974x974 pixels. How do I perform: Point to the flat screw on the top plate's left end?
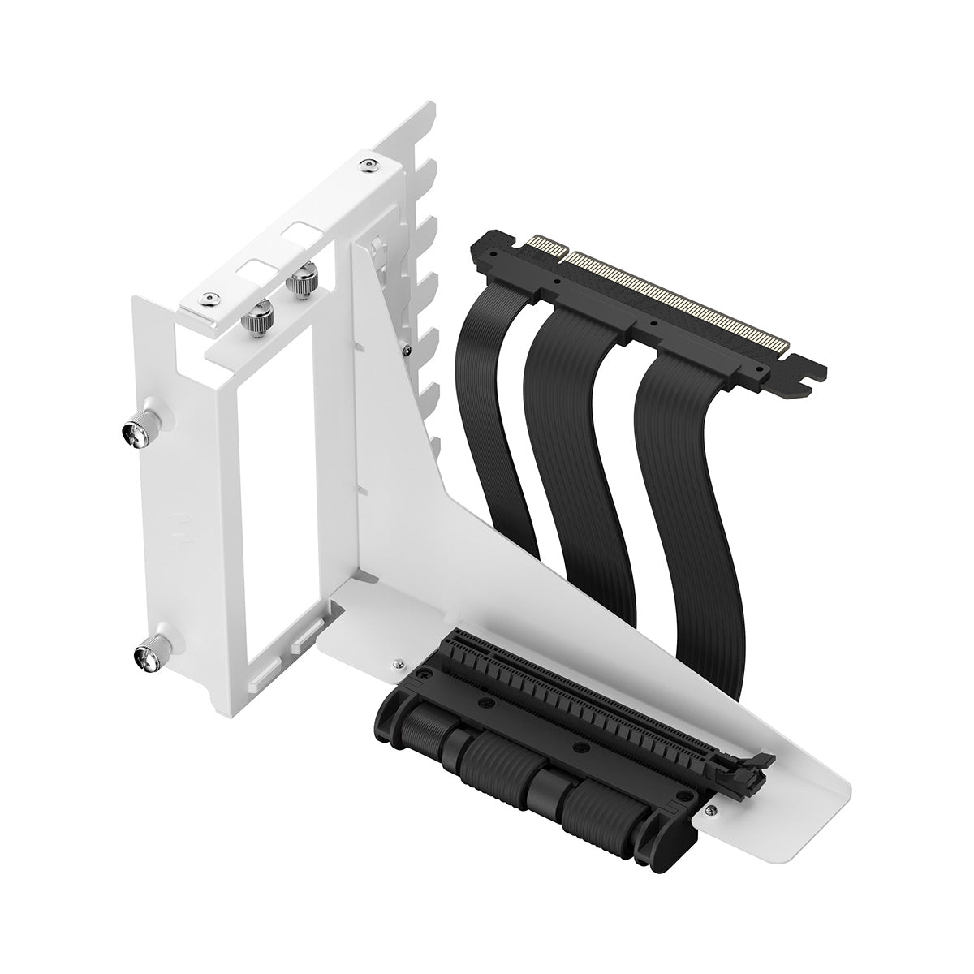[x=211, y=300]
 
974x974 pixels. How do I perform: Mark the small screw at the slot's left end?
[x=396, y=663]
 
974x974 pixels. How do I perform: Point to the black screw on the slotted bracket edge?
[x=415, y=350]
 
